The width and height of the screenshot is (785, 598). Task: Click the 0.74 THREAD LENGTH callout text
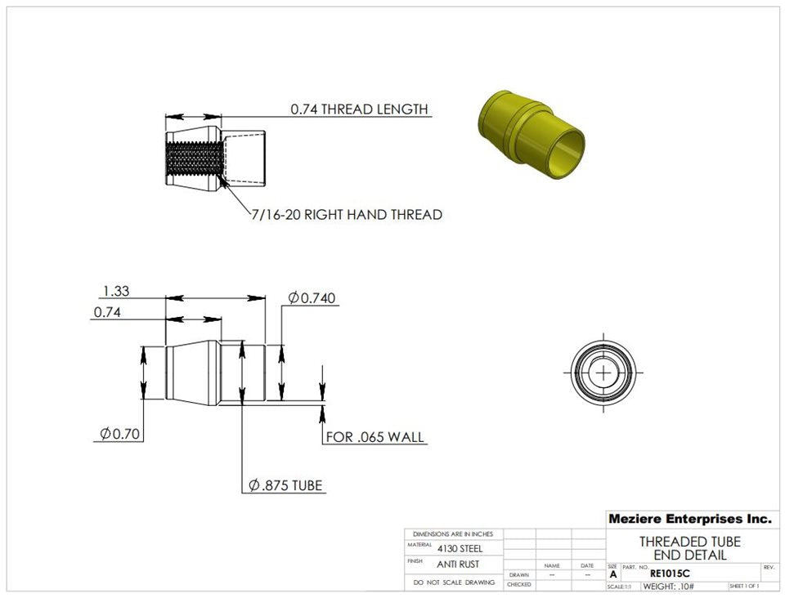(359, 109)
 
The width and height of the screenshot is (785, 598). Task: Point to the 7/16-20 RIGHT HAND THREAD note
(347, 215)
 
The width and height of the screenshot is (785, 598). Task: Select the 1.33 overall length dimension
(116, 291)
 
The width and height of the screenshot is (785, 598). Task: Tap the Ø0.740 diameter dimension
(312, 298)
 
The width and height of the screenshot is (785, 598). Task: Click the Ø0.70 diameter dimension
(119, 434)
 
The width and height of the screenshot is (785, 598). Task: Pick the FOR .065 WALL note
(375, 437)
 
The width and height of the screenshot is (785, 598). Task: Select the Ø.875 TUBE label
(285, 485)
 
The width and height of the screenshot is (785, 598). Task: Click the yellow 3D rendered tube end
(532, 133)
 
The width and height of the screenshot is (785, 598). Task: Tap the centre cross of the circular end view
(604, 373)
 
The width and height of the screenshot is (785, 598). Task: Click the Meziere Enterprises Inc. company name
(690, 519)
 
